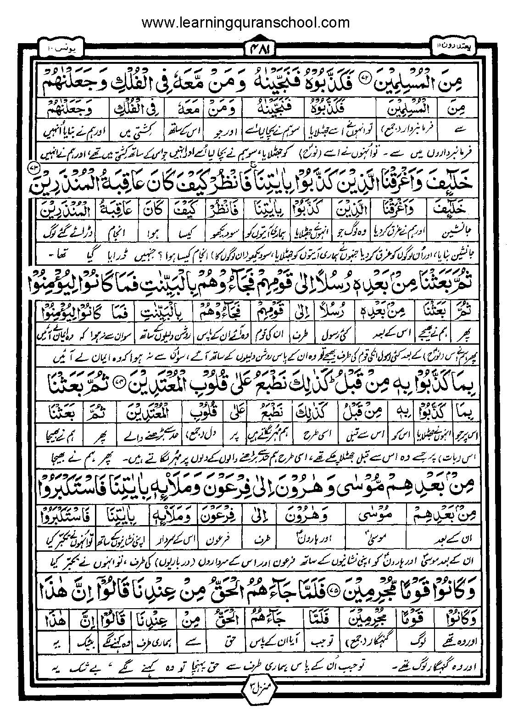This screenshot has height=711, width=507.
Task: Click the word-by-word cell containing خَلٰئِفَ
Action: (452, 209)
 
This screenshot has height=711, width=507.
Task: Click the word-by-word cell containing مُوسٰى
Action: (380, 512)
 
